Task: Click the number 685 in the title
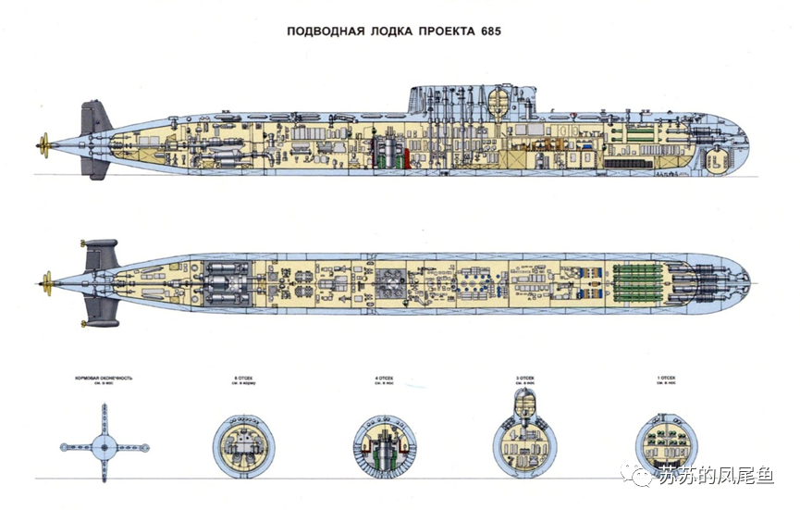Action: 490,31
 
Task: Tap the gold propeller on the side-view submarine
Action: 43,143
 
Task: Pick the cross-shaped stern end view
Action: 104,448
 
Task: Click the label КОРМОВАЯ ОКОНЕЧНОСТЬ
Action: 104,379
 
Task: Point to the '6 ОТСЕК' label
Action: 242,379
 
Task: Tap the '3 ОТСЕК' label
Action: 525,379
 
